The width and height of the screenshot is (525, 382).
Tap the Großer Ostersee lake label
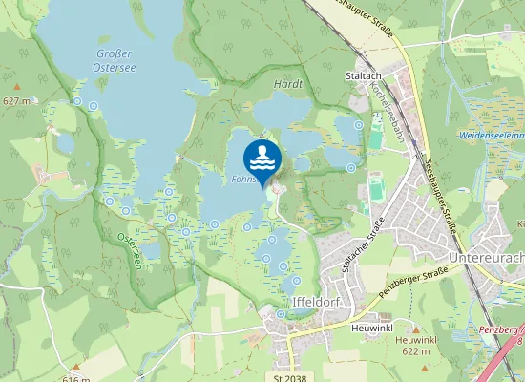[114, 60]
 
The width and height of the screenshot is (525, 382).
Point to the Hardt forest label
[287, 84]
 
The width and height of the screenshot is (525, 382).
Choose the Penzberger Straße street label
[413, 284]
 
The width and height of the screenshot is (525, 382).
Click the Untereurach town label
[486, 258]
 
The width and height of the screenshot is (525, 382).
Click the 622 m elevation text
[415, 351]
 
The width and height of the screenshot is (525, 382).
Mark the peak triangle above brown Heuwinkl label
[415, 329]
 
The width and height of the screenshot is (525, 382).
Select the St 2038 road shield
[289, 378]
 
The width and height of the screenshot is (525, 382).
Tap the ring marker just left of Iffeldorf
[280, 312]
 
